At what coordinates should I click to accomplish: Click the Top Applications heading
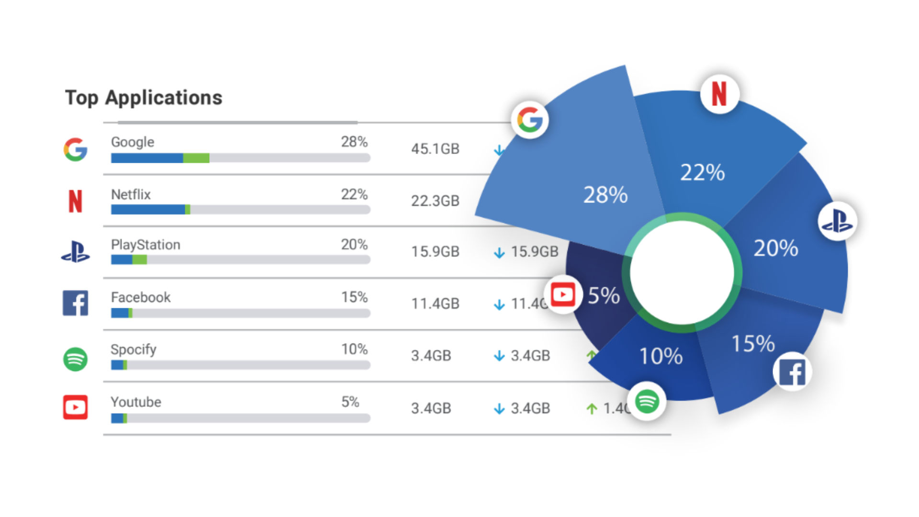144,98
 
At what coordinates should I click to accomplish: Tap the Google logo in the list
76,150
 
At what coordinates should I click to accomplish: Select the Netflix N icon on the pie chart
719,94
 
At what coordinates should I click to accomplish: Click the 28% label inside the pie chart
605,195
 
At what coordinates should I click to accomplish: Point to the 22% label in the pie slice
702,172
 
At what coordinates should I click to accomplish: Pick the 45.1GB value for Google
435,149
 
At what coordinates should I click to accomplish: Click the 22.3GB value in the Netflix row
435,201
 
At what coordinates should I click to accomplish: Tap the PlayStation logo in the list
76,252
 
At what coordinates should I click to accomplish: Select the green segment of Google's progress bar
196,158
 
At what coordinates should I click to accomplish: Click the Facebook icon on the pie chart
792,372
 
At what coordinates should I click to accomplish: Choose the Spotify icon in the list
76,359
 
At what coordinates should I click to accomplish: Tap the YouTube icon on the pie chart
563,295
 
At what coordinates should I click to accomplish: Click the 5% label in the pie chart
604,296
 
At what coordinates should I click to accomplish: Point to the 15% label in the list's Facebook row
354,297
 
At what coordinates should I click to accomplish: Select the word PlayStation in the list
146,245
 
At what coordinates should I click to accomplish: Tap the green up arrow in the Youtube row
592,409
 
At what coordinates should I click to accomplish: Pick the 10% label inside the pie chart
661,356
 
